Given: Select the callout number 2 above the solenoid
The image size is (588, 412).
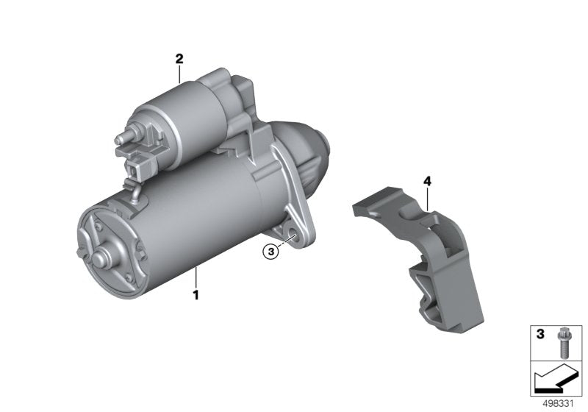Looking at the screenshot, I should pyautogui.click(x=179, y=57).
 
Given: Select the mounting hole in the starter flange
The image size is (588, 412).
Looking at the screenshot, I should pyautogui.click(x=293, y=236).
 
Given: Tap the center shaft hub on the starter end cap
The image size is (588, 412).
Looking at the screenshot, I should pyautogui.click(x=101, y=258).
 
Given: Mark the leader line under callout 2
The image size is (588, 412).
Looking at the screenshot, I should pyautogui.click(x=179, y=73).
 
